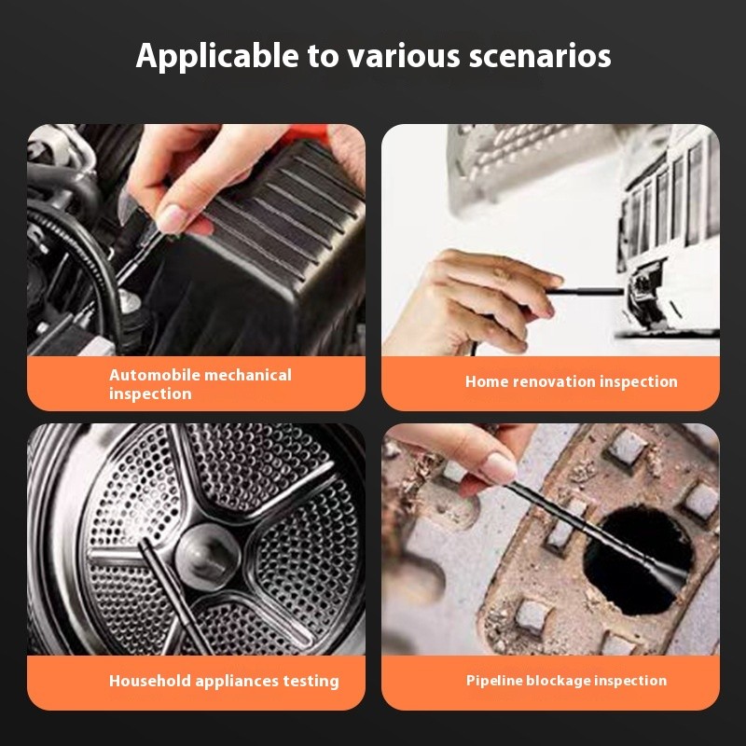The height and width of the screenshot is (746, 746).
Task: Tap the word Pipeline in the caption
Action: (494, 681)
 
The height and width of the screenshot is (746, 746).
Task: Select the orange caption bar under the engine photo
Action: (196, 383)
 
